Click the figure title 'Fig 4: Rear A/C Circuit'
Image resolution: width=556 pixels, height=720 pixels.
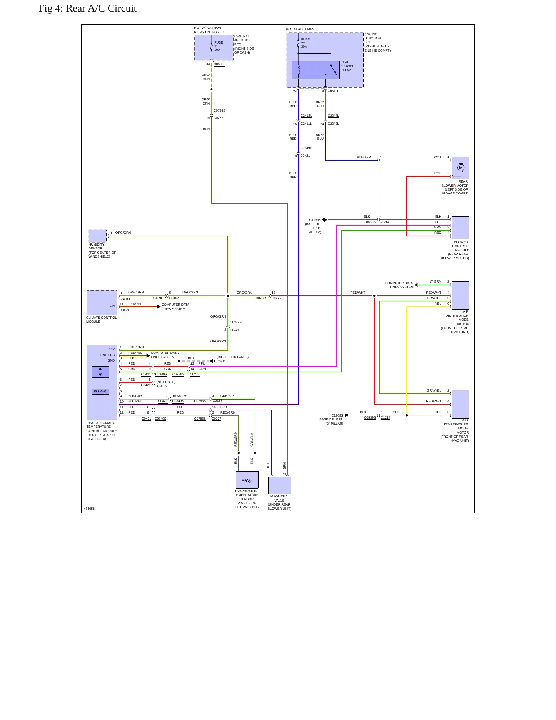point(87,8)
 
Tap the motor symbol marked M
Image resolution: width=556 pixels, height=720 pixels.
point(461,168)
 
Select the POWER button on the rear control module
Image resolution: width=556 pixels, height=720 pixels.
point(100,392)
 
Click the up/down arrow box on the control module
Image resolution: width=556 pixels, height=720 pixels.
point(100,372)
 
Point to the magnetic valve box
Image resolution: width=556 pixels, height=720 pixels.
point(279,485)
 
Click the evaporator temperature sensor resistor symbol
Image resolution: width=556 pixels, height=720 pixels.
point(247,481)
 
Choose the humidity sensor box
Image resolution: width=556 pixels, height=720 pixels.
point(98,236)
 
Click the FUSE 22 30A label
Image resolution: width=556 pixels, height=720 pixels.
point(305,43)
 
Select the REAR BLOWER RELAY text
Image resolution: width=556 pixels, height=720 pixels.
point(347,66)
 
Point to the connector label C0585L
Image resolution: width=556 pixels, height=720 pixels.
point(219,64)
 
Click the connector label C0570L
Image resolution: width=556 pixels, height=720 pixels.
point(333,91)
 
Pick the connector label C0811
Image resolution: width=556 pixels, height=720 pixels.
point(221,361)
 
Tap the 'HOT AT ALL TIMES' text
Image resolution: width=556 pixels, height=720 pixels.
point(300,29)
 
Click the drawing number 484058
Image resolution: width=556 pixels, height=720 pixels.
point(89,509)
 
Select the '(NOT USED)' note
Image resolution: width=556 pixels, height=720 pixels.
point(166,382)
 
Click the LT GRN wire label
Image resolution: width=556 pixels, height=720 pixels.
point(436,281)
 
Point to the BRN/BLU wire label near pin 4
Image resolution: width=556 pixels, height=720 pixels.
point(364,157)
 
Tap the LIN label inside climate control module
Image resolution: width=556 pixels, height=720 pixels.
point(112,306)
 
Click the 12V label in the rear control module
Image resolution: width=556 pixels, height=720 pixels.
point(112,349)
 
